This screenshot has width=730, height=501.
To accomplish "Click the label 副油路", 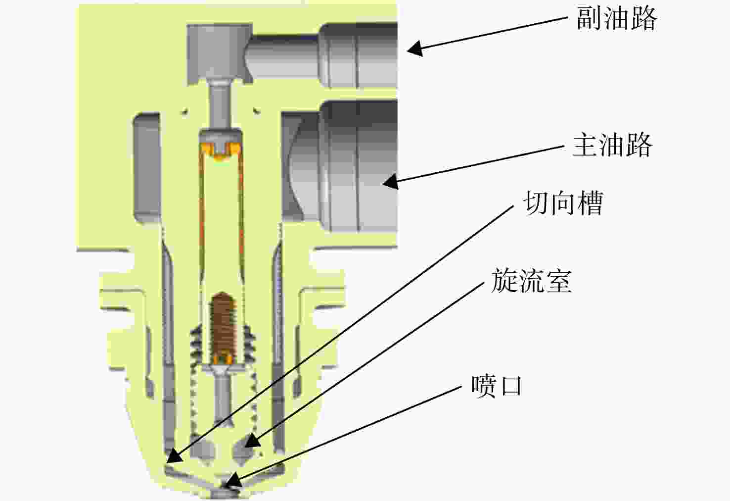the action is click(x=617, y=18).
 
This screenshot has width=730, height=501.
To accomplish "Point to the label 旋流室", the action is click(x=532, y=280).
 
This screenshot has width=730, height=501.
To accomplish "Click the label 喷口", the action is click(x=497, y=386).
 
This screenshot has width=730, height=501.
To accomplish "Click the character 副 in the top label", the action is click(x=589, y=18).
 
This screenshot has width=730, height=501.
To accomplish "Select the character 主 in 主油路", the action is click(x=585, y=145).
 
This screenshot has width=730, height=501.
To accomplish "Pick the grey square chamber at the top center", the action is click(x=220, y=54).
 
